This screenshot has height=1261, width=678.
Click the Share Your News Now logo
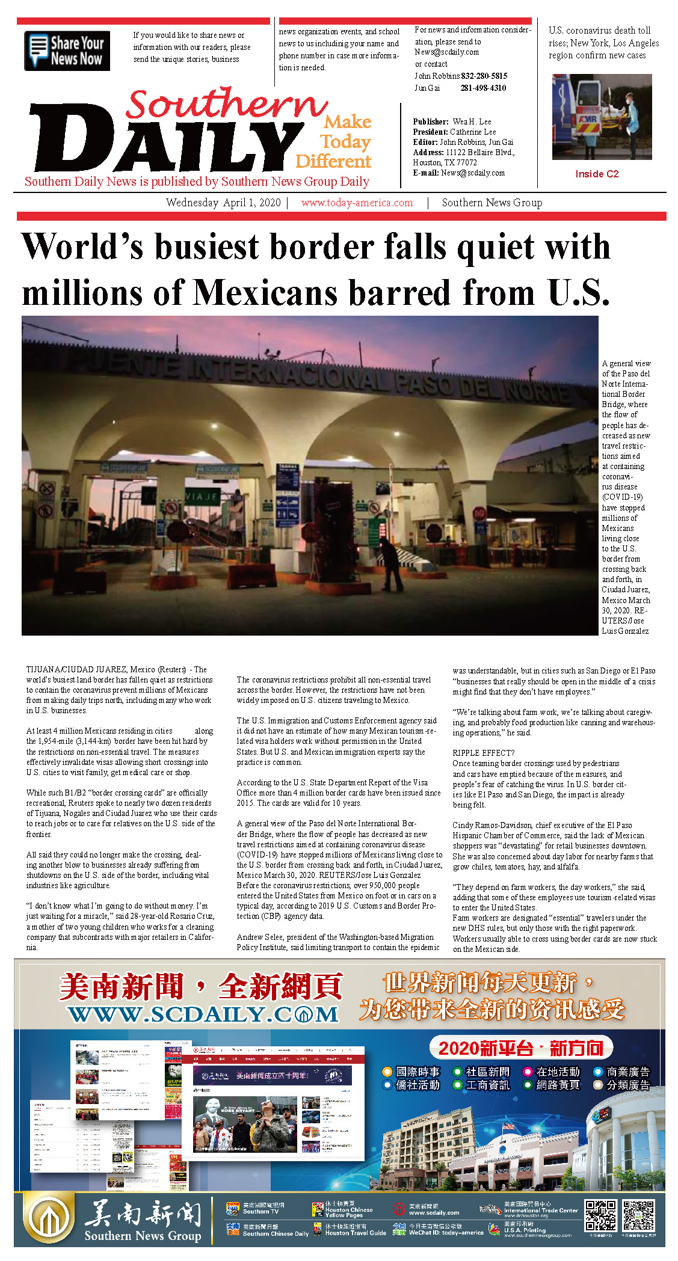coord(67,51)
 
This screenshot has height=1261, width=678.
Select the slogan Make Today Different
coord(334,142)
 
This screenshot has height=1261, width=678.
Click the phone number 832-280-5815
coord(484,76)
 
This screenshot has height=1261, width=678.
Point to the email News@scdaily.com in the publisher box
coord(473,173)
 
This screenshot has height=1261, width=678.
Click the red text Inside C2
coord(597,174)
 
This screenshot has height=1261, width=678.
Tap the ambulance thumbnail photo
coord(602,117)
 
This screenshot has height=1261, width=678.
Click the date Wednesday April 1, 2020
coord(223,203)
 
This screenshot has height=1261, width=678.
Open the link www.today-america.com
coord(357,203)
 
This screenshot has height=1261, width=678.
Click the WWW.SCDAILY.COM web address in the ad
coord(203,1014)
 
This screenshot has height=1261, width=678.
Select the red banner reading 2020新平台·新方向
coord(520,1048)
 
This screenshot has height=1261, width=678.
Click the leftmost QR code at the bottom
coord(601,1215)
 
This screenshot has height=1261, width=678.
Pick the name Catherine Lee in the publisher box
coord(473,132)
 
